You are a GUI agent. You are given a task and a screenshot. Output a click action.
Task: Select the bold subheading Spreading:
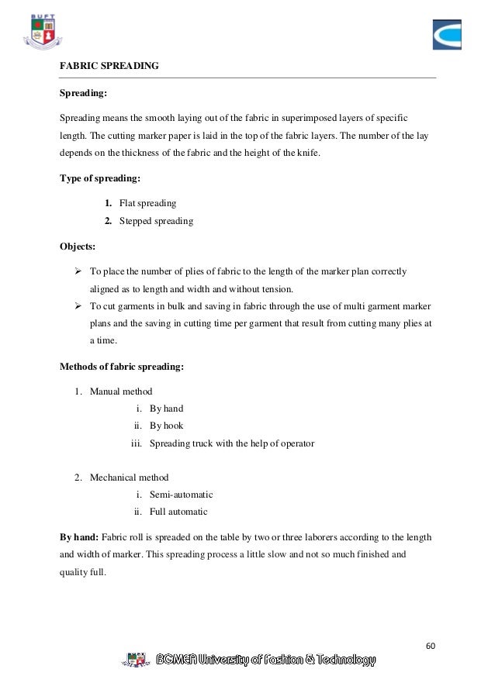point(84,94)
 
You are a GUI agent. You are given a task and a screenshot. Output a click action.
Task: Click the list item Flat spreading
point(147,203)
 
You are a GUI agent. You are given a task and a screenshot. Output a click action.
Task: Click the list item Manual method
point(121,391)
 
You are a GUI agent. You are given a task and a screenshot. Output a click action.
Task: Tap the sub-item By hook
point(166,426)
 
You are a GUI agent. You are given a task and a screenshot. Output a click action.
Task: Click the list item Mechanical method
point(129,477)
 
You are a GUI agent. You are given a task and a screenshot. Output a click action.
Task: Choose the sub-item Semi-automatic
point(181,494)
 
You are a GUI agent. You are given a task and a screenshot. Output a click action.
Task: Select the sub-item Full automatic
point(178,512)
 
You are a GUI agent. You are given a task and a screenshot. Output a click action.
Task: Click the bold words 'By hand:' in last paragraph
point(80,536)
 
